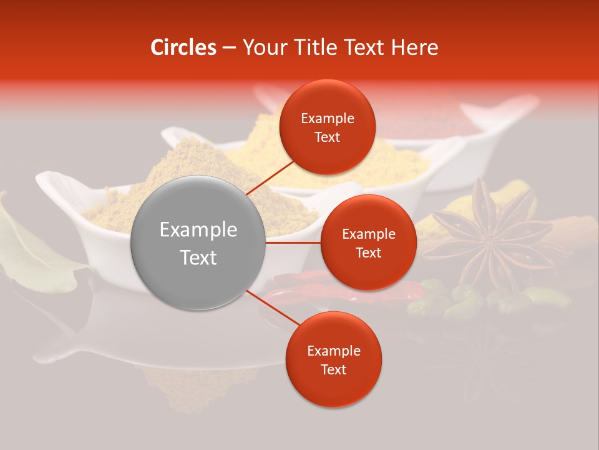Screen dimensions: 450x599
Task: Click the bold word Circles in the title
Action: (183, 47)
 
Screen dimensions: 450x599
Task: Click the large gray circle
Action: (198, 243)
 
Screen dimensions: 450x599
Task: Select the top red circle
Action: (327, 127)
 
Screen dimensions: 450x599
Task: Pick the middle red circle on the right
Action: (368, 242)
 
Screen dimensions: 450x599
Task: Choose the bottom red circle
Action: (333, 359)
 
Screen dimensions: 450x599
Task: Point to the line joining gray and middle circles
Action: (293, 242)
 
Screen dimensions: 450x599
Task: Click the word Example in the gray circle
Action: (198, 230)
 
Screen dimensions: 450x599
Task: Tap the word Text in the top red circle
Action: (327, 137)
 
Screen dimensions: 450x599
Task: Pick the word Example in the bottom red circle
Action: (333, 351)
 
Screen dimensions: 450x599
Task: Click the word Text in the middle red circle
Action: (368, 253)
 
